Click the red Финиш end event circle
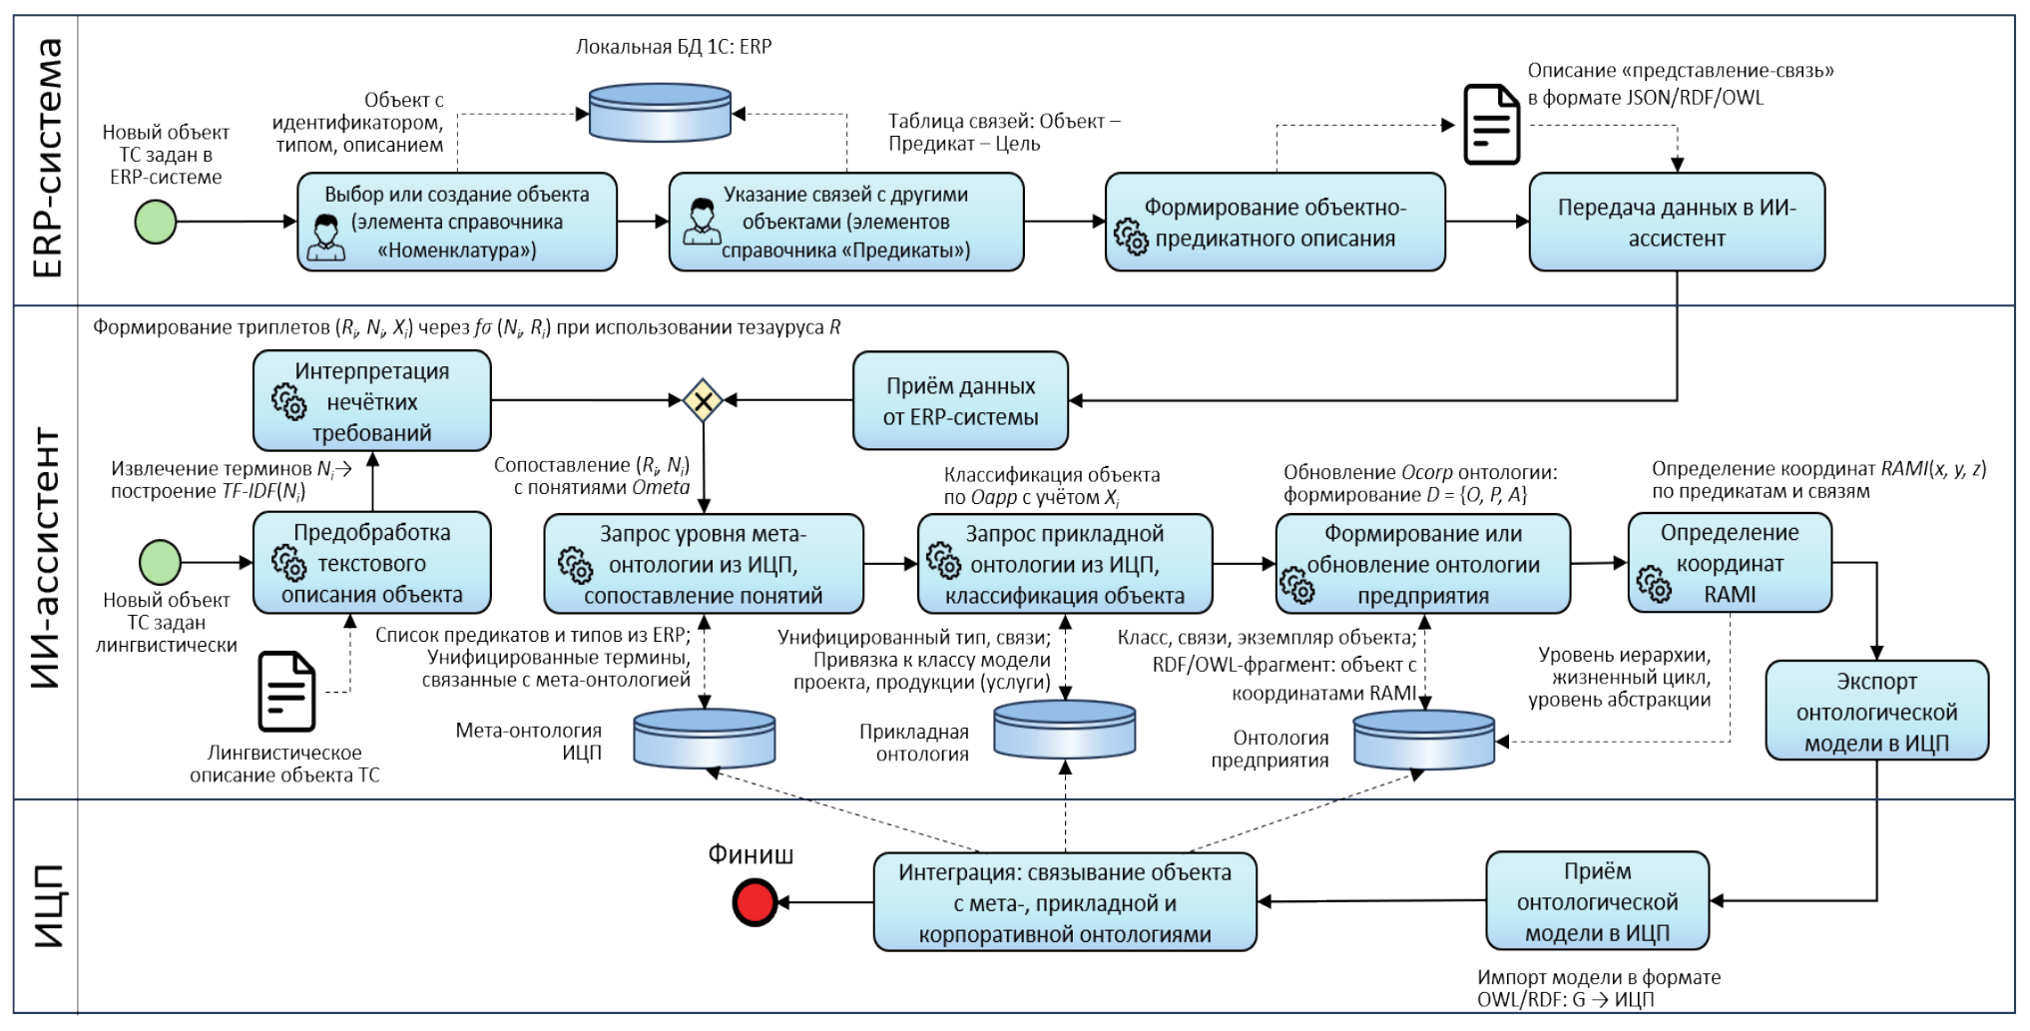coord(755,902)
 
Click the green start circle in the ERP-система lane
coord(156,222)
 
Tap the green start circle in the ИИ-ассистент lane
coord(160,562)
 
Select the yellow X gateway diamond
coord(703,401)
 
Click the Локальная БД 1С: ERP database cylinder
coord(660,111)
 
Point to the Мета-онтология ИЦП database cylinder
coord(705,738)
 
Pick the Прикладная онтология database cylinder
coord(1065,730)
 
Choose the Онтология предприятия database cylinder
coord(1424,739)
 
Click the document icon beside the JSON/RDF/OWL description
coord(1491,125)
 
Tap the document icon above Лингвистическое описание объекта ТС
coord(286,691)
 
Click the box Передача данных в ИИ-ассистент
coord(1677,223)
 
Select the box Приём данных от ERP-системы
coord(960,401)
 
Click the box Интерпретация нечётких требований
coord(372,401)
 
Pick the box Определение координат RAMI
coord(1730,563)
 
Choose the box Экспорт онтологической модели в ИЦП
coord(1876,712)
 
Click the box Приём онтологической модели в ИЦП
coord(1597,901)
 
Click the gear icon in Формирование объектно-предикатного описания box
coord(1131,238)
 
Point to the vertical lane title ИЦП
coord(48,905)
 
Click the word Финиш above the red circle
coord(751,854)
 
